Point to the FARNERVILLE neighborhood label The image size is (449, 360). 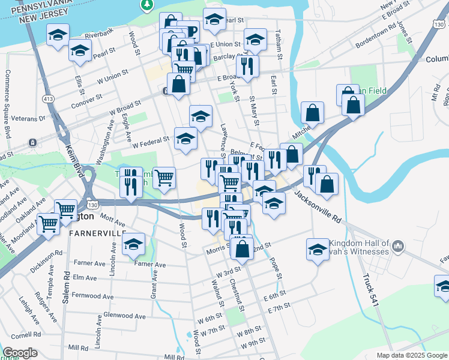(97, 232)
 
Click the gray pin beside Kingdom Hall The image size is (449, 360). (399, 246)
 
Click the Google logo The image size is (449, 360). (19, 353)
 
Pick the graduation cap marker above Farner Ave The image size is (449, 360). (134, 244)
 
